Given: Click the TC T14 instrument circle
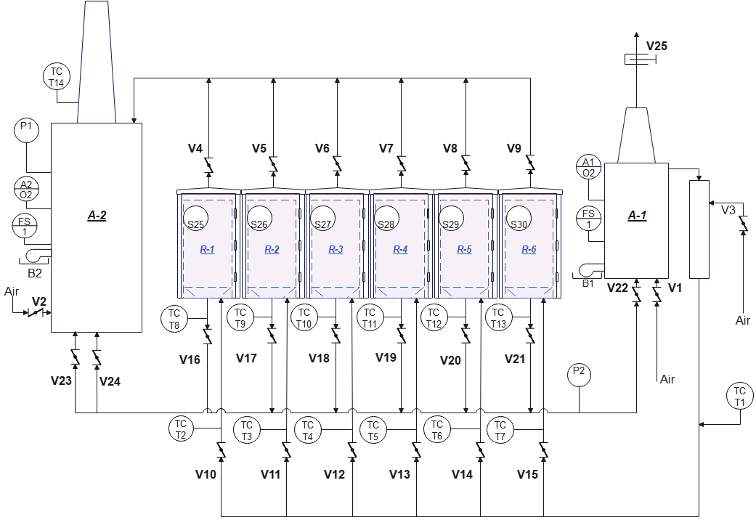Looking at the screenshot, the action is (x=57, y=77).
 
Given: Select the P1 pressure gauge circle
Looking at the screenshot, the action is (x=26, y=130).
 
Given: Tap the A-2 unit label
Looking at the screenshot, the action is (x=97, y=216).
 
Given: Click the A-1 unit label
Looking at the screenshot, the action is (x=637, y=216).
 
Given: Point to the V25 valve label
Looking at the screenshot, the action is (x=657, y=46).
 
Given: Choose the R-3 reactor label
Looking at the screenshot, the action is (x=336, y=249).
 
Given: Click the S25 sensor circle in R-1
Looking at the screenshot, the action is (x=195, y=218).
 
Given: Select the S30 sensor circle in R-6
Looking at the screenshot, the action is (x=519, y=218).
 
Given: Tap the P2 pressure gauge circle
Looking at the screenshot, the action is (x=579, y=374).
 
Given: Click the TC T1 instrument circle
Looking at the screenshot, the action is (x=739, y=396).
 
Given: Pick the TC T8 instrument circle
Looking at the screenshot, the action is (x=174, y=318).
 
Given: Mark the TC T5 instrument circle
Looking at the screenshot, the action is (x=373, y=430).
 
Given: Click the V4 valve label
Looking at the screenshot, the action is (x=195, y=149).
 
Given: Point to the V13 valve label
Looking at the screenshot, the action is (x=399, y=475).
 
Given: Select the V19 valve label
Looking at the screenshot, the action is (x=386, y=357).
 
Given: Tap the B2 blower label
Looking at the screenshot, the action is (x=35, y=274).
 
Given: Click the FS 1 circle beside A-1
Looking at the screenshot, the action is (x=589, y=219).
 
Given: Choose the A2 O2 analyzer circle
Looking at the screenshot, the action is (x=26, y=189).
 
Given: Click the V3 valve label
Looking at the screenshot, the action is (x=728, y=211).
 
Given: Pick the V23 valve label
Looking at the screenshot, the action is (x=61, y=381).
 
